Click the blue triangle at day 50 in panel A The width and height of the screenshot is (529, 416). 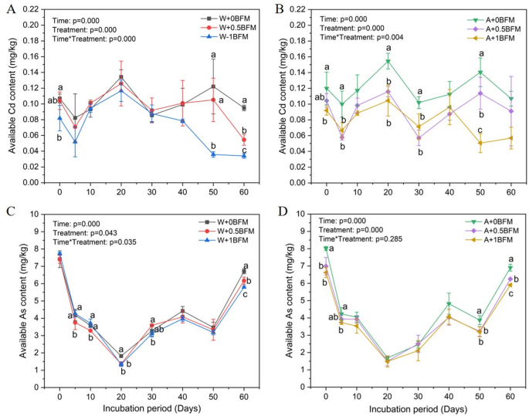[x=212, y=154]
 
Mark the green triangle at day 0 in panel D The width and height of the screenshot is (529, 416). [x=326, y=248]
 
